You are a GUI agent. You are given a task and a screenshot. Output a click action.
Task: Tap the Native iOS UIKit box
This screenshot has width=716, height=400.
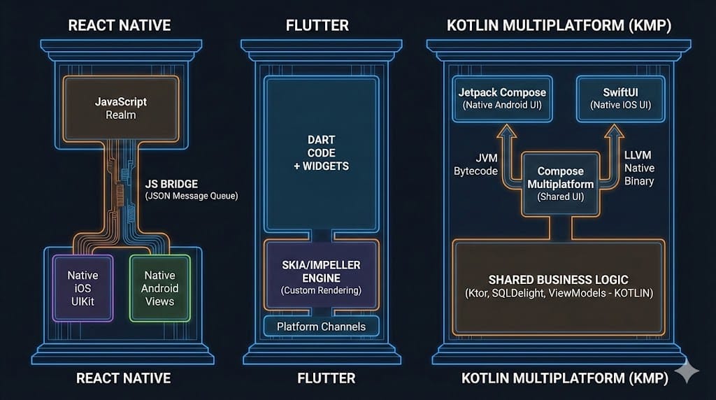(x=83, y=288)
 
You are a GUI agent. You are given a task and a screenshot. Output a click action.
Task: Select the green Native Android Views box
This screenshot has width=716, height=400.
(x=160, y=288)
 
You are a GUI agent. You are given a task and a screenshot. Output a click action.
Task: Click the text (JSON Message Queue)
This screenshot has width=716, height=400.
(x=191, y=197)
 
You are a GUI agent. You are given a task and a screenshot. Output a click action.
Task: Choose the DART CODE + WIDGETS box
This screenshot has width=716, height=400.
(x=321, y=153)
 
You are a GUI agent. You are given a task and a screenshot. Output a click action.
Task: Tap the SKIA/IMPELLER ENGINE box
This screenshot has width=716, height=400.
(x=321, y=273)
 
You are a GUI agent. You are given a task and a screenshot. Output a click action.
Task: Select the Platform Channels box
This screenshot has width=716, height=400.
(x=321, y=327)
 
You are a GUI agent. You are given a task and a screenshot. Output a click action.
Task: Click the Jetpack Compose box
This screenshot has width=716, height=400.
(x=502, y=98)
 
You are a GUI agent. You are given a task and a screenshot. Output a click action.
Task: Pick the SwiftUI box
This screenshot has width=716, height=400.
(x=615, y=98)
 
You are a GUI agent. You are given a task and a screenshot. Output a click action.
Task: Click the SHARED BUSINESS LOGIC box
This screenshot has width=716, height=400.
(x=558, y=287)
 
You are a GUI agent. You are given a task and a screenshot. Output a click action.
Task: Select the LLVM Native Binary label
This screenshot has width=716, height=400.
(x=639, y=169)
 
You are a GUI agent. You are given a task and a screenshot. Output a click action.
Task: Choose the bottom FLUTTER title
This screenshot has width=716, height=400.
(x=321, y=378)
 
